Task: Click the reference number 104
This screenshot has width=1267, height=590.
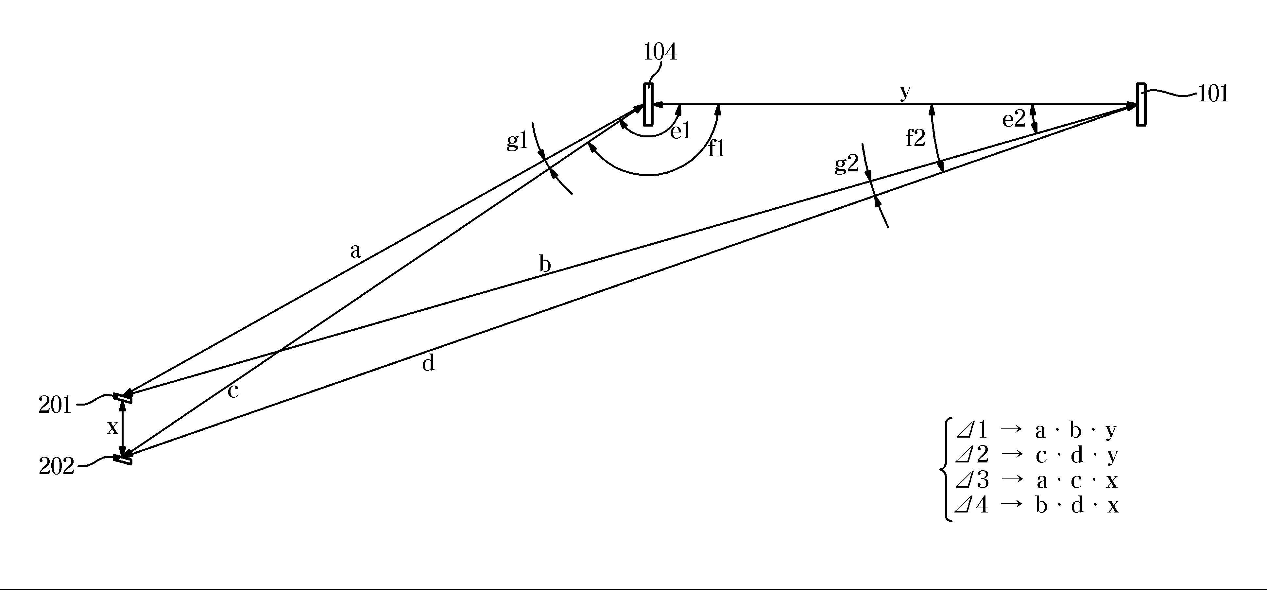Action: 660,52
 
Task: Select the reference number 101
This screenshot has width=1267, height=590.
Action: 1213,94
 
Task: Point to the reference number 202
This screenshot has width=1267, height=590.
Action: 56,466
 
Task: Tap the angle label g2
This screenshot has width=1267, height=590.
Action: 847,165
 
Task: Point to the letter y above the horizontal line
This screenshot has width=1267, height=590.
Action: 905,92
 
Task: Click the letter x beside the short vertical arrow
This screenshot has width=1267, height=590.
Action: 112,427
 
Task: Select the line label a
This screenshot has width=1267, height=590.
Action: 355,251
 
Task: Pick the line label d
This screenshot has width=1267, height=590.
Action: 428,364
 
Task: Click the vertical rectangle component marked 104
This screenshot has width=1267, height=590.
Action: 648,105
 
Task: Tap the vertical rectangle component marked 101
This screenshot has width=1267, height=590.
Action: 1141,105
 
